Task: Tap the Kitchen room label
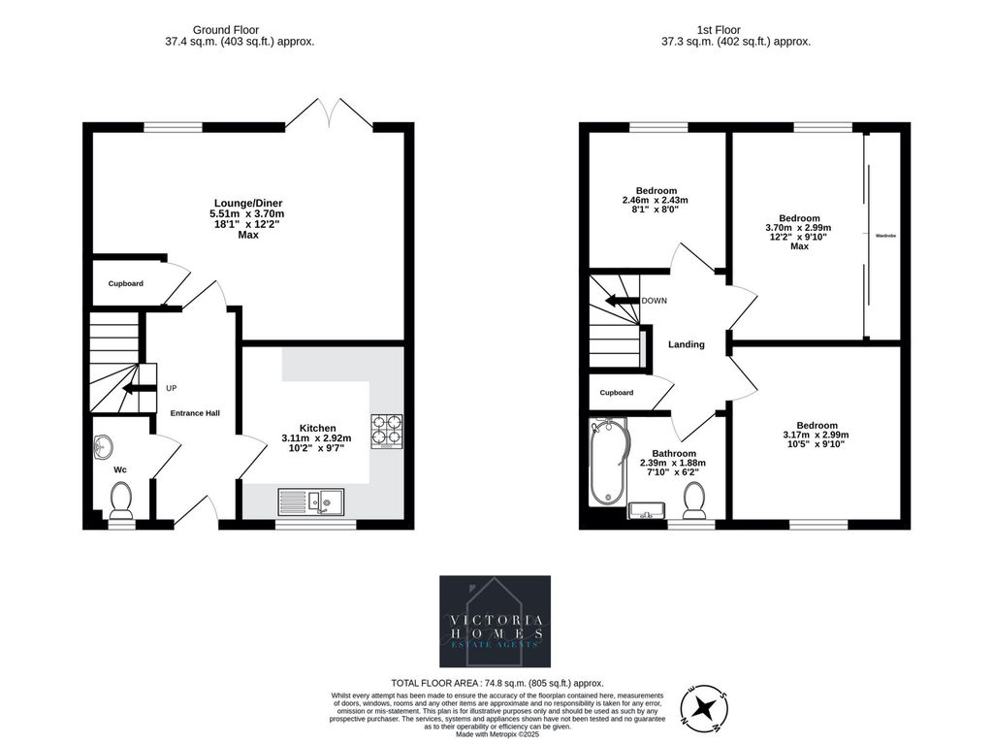click(x=317, y=428)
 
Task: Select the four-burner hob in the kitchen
click(x=387, y=431)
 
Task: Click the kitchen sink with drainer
click(x=310, y=501)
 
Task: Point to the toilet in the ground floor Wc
click(x=121, y=501)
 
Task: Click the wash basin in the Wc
click(x=103, y=446)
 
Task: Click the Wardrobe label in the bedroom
click(x=884, y=236)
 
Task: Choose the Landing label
click(x=686, y=344)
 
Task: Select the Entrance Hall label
click(x=195, y=413)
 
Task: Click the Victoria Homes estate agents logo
click(x=495, y=621)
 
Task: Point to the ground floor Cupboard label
click(x=126, y=283)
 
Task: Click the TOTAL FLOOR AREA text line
click(x=496, y=682)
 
